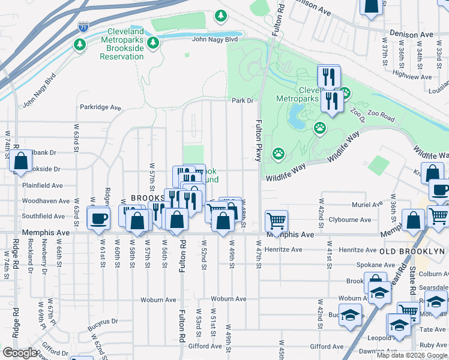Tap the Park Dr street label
[243, 101]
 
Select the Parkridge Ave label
[101, 108]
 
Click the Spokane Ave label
[358, 265]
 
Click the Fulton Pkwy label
[259, 139]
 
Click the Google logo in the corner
[20, 353]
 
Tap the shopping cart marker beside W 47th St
[276, 220]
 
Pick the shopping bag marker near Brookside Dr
[20, 161]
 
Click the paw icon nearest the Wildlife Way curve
[279, 154]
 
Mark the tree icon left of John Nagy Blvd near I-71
[79, 44]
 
